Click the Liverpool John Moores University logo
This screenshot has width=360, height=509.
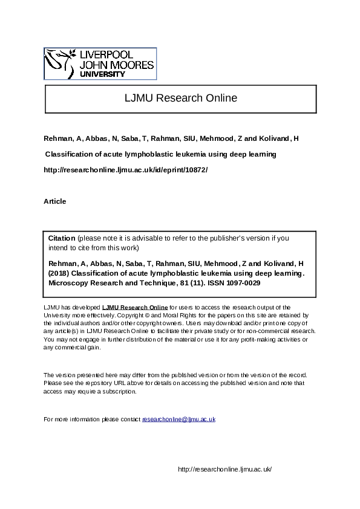pos(100,63)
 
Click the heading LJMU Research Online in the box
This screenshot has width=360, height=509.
pos(180,98)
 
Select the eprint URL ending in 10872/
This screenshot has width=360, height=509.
pos(126,170)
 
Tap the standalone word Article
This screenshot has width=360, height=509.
pos(55,201)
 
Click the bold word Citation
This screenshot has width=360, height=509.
pos(62,238)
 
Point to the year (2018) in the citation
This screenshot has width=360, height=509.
pos(59,273)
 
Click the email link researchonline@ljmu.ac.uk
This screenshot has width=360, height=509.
pos(178,419)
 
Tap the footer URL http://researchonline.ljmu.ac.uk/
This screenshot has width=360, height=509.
pos(225,469)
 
